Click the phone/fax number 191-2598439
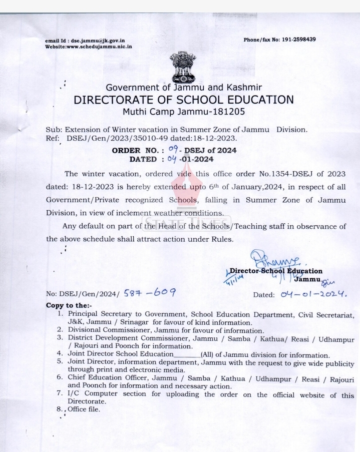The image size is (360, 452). [297, 40]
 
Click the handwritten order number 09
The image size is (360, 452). [173, 149]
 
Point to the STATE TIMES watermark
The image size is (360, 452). [187, 223]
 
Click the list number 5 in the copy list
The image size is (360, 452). [60, 361]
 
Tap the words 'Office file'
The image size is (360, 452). [84, 409]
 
